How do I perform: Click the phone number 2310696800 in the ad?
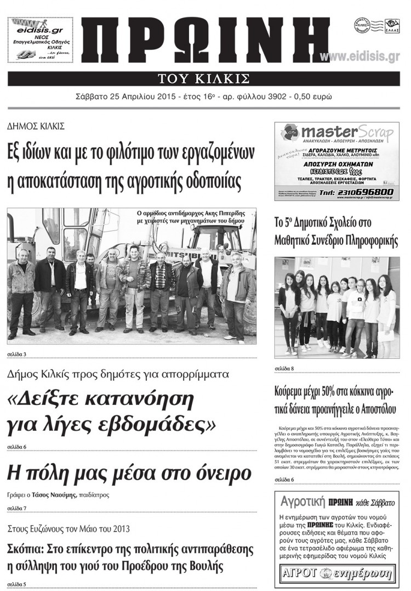coord(366,192)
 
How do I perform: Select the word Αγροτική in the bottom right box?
coord(300,502)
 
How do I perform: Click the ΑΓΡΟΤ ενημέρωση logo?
coord(337,574)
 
